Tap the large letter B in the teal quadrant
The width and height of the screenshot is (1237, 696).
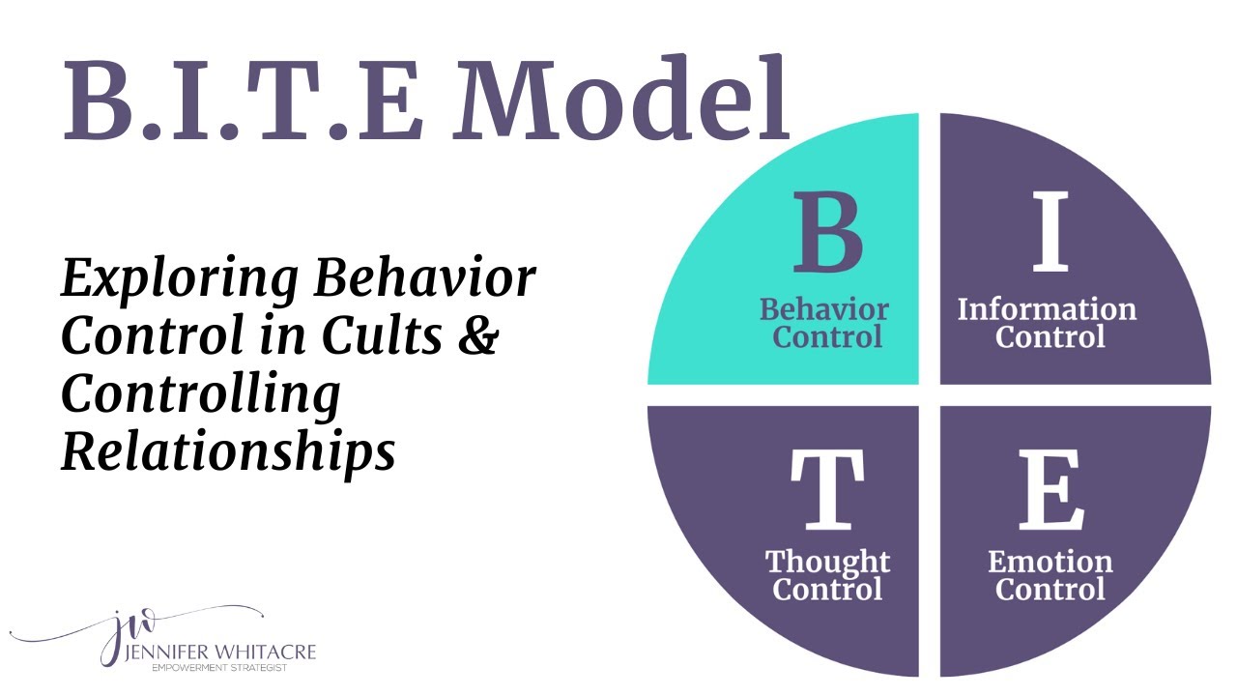828,232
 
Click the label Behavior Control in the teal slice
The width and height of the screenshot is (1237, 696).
824,323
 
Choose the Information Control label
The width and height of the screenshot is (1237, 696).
1047,323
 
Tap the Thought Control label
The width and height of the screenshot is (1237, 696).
827,574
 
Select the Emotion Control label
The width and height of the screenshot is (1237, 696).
1050,574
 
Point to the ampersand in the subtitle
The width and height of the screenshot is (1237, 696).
475,336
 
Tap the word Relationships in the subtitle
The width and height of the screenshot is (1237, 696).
228,450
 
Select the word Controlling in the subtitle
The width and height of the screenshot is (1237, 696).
201,394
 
